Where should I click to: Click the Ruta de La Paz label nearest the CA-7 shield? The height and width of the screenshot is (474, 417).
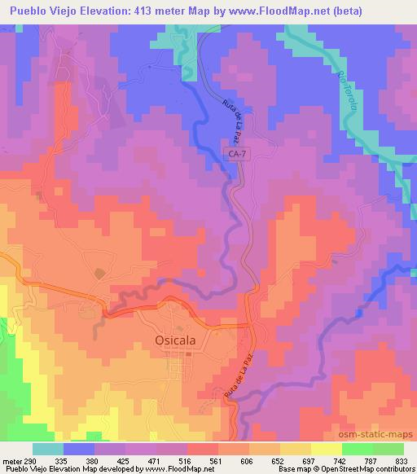[x=232, y=121]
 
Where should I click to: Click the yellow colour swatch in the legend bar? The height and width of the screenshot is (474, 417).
[x=327, y=449]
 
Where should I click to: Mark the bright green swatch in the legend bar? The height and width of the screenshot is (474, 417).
[x=358, y=449]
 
